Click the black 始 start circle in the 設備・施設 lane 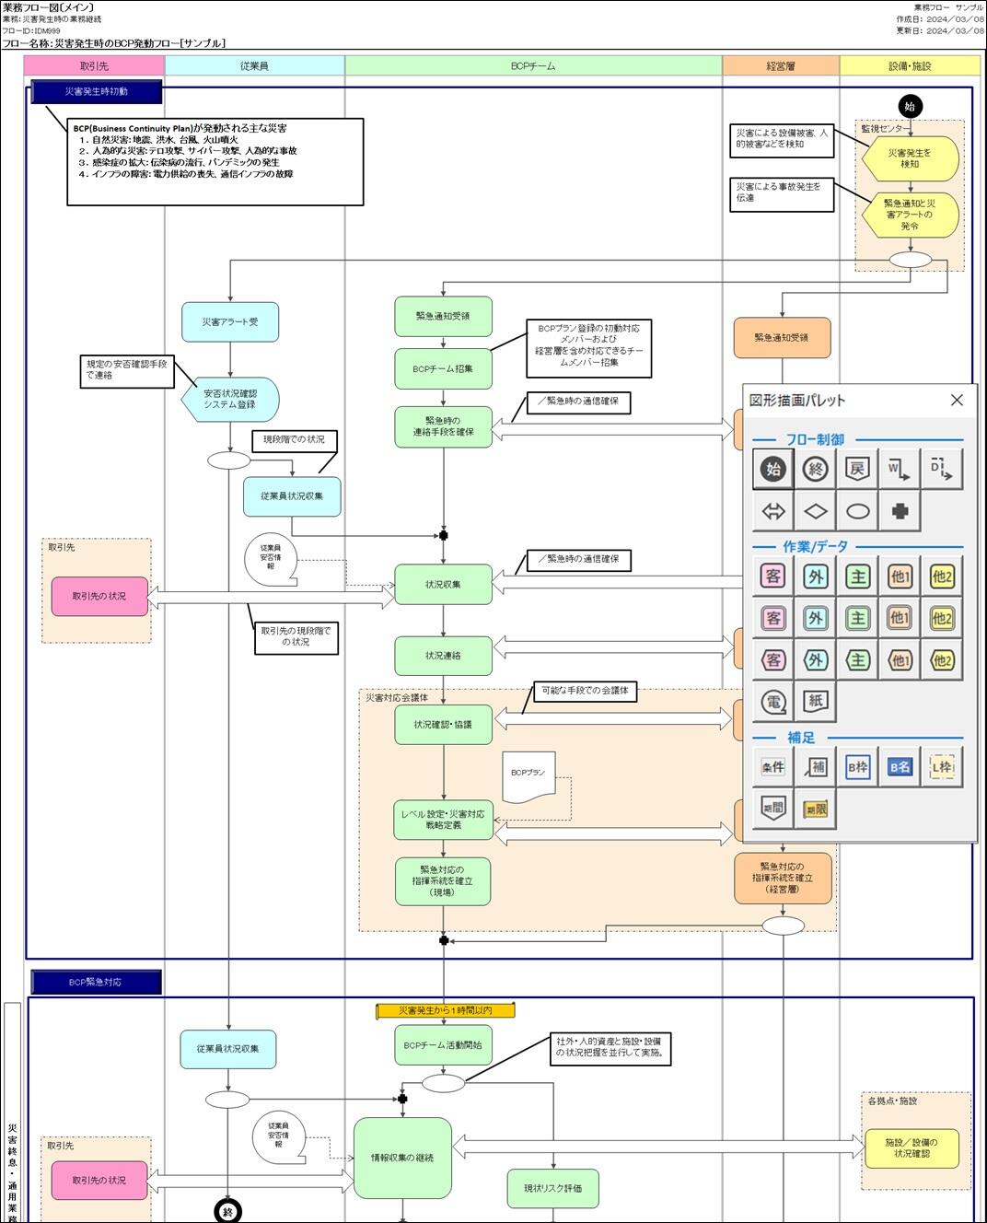[910, 106]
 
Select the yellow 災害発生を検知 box [910, 158]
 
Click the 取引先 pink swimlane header [94, 65]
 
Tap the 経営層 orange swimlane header [781, 65]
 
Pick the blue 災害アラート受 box [230, 322]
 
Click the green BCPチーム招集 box [443, 368]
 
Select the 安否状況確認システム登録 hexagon [230, 400]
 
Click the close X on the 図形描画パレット [957, 400]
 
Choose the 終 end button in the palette [815, 469]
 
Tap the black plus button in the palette [900, 510]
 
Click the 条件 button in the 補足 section [773, 767]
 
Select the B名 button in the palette [900, 767]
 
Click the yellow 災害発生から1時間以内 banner [446, 1010]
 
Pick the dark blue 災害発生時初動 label [97, 92]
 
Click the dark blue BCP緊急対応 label [96, 983]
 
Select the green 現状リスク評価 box [552, 1188]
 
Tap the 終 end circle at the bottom [227, 1212]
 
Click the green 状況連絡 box [443, 656]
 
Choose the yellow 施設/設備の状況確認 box [912, 1147]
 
